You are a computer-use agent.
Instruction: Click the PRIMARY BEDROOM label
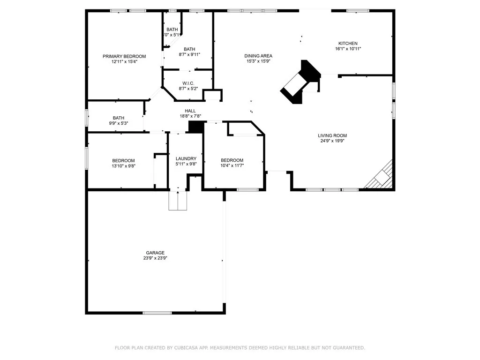coord(124,56)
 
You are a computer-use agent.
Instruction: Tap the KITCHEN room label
coord(348,43)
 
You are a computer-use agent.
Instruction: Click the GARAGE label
coord(155,253)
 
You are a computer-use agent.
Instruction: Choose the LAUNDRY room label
coord(185,158)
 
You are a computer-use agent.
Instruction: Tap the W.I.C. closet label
coord(188,83)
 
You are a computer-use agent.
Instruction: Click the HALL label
coord(190,111)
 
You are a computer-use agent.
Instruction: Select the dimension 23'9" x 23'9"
coord(155,258)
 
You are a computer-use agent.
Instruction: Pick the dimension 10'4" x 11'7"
coord(232,165)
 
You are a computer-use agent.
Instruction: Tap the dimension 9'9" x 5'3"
coord(118,123)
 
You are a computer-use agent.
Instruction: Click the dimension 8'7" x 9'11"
coord(189,54)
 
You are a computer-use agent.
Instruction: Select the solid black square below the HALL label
coord(195,127)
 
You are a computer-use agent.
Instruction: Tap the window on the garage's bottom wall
coord(157,313)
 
